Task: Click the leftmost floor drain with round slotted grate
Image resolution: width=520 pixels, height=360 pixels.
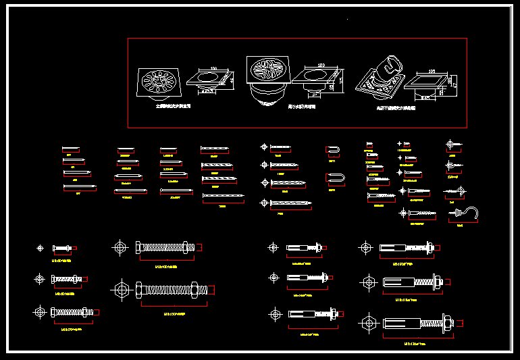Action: point(159,83)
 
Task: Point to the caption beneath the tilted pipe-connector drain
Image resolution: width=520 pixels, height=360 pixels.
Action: point(396,107)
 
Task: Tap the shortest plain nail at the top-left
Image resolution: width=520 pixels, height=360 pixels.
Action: point(70,149)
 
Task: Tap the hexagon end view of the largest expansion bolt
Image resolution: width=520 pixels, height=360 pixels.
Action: point(368,323)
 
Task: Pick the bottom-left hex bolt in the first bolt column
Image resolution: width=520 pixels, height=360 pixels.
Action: point(68,312)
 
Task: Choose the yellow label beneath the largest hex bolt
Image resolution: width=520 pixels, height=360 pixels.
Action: point(174,313)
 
